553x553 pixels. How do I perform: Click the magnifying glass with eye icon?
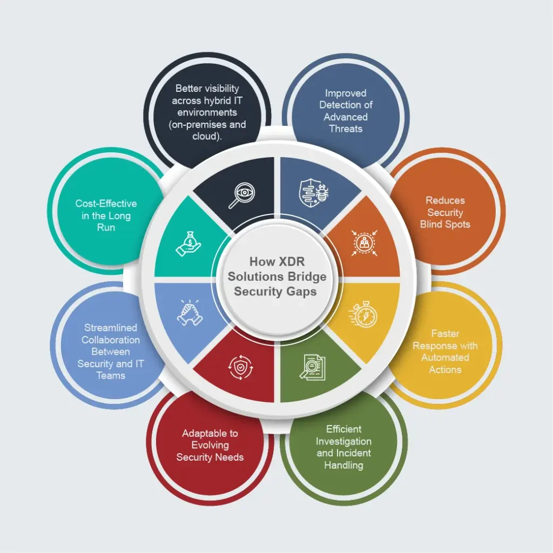pos(242,195)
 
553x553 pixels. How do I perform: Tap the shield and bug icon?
pos(314,193)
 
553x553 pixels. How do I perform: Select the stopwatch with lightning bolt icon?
pos(363,314)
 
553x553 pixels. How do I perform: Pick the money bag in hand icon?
pos(188,244)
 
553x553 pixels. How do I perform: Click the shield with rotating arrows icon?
pos(240,367)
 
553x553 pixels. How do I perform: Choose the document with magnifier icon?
pos(313,367)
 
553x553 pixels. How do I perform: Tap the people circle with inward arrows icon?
pos(364,242)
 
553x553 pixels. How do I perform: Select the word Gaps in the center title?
pos(301,292)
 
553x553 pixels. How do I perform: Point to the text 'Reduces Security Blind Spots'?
pos(445,212)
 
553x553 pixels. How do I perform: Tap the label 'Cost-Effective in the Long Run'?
pos(106,215)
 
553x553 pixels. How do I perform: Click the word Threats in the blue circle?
pos(346,129)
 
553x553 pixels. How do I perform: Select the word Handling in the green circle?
pos(343,465)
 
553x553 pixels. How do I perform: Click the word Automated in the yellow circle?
pos(445,358)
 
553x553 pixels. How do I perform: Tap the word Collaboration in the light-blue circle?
pos(111,340)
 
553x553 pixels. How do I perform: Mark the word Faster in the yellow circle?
pos(445,334)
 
